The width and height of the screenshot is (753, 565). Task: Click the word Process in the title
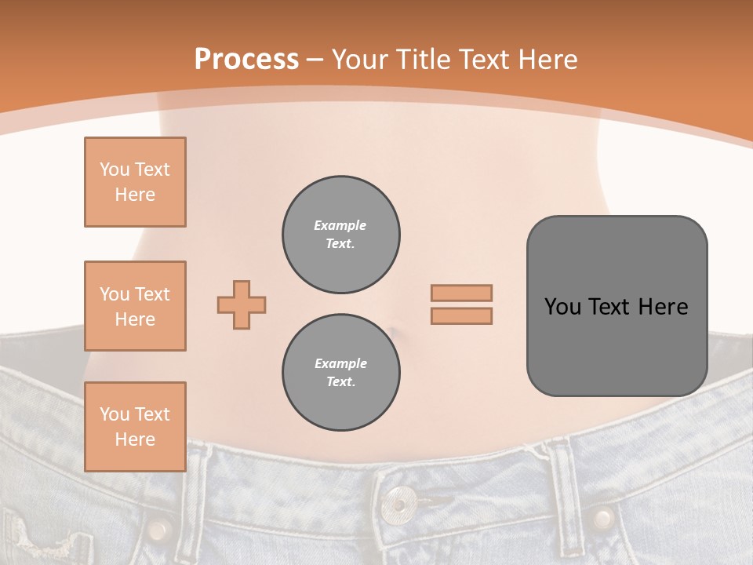(x=246, y=60)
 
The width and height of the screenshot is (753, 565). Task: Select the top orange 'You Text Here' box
(x=135, y=182)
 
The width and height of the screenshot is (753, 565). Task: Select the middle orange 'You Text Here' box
(x=135, y=306)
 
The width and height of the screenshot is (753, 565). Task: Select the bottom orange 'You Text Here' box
(x=135, y=427)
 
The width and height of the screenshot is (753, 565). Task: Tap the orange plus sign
(x=242, y=304)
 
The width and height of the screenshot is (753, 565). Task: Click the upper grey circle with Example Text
(x=340, y=235)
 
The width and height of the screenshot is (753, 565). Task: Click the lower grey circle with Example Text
(x=340, y=373)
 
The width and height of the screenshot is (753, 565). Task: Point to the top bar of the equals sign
(x=461, y=293)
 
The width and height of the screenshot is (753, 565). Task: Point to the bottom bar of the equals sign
(x=461, y=315)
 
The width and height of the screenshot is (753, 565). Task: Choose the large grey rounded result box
(x=617, y=306)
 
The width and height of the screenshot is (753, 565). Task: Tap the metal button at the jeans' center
(x=400, y=501)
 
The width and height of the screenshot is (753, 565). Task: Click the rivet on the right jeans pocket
(x=602, y=518)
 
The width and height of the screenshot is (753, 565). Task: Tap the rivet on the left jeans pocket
(x=159, y=530)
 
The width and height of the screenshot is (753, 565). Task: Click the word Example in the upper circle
(x=340, y=225)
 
